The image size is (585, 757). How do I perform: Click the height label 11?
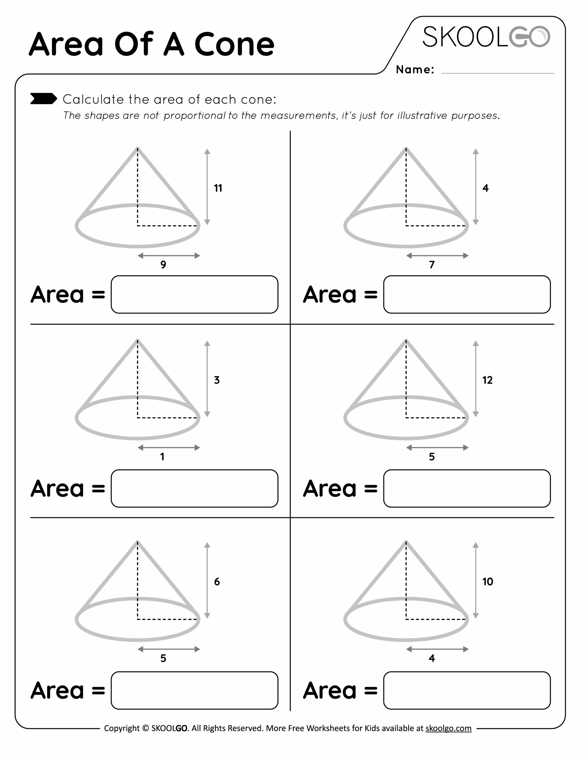[218, 188]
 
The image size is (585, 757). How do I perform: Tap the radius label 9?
[163, 265]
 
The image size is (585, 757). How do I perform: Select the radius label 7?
[432, 265]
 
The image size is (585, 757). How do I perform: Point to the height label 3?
[217, 380]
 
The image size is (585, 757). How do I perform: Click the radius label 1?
[162, 457]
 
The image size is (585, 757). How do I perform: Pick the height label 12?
[487, 380]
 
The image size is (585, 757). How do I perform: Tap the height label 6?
[217, 582]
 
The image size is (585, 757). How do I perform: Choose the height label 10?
[487, 582]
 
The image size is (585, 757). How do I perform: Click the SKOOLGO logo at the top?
[486, 37]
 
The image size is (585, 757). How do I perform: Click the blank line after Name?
[497, 71]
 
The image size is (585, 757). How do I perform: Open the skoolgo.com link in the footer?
[448, 728]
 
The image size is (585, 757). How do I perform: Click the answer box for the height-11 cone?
[195, 295]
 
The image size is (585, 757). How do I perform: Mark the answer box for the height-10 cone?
[467, 690]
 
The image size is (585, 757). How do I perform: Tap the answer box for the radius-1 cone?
[195, 489]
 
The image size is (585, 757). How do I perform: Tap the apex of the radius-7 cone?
[406, 149]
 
